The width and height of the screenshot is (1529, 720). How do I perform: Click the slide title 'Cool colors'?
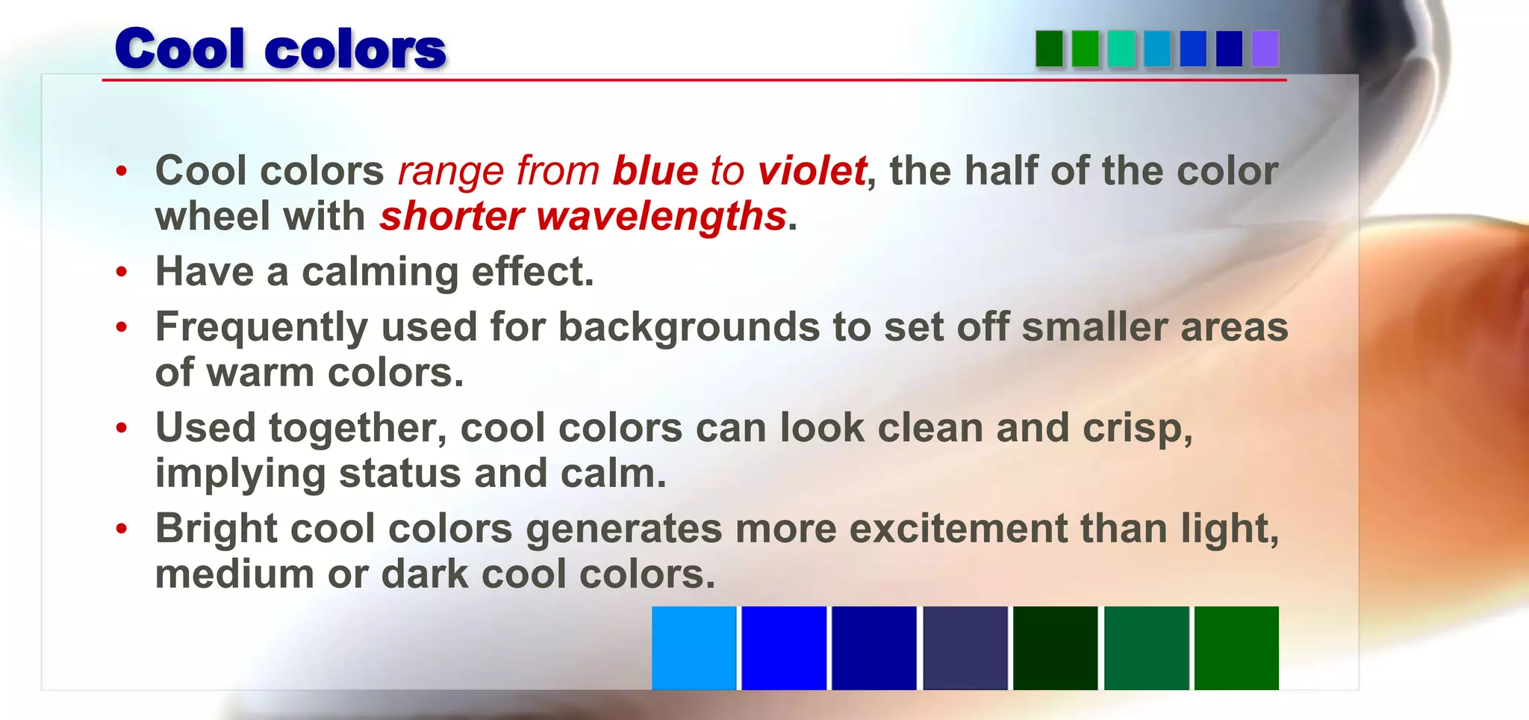click(x=280, y=49)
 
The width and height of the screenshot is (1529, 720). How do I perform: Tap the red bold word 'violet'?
click(x=812, y=170)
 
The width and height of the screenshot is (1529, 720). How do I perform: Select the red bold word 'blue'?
click(x=655, y=170)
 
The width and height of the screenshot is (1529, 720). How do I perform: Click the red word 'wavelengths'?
click(x=661, y=217)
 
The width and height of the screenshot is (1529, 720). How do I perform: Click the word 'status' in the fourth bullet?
click(x=400, y=474)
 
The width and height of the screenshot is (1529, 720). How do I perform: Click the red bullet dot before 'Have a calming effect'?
click(x=122, y=272)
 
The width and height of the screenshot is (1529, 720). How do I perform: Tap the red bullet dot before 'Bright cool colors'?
click(x=122, y=529)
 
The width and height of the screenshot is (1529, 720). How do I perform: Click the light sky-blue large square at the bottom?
click(x=694, y=648)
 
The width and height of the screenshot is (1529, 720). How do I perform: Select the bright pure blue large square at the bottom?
click(x=784, y=648)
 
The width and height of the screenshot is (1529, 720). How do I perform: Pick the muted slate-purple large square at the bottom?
click(x=965, y=648)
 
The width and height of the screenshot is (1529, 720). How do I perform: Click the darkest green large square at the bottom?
click(x=1055, y=648)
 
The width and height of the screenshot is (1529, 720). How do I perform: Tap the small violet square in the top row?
click(x=1265, y=49)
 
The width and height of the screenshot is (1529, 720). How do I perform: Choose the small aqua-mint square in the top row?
click(x=1121, y=49)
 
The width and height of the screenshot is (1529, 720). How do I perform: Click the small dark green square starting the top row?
click(x=1049, y=49)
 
